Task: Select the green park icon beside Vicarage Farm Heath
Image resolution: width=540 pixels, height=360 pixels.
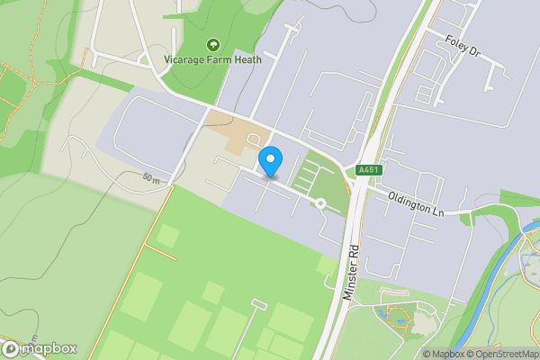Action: tap(213, 45)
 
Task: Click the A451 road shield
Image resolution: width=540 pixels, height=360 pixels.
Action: tap(368, 170)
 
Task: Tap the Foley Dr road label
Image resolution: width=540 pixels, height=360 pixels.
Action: tap(463, 47)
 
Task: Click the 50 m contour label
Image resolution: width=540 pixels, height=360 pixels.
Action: tap(151, 178)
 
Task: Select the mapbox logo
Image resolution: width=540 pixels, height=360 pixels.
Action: tap(40, 348)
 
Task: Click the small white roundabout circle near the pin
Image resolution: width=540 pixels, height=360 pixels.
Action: tap(319, 203)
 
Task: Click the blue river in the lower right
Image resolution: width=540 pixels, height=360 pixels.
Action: tap(490, 288)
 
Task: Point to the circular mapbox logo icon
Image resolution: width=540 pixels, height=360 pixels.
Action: tap(11, 348)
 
